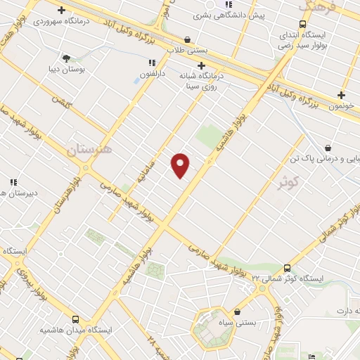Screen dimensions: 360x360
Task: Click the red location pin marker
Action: coord(181,165)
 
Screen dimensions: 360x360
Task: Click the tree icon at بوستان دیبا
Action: coord(66,58)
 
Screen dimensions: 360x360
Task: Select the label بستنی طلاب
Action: coord(186,51)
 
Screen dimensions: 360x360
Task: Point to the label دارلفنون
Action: coord(151,73)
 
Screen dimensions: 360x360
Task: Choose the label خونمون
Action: coord(342,105)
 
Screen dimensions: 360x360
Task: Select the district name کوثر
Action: coord(289,183)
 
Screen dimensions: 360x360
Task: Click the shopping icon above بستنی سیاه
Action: coord(237,311)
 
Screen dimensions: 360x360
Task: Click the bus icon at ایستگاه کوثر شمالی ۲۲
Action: coord(286,268)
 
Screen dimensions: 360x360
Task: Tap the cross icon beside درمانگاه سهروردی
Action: coord(62,11)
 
